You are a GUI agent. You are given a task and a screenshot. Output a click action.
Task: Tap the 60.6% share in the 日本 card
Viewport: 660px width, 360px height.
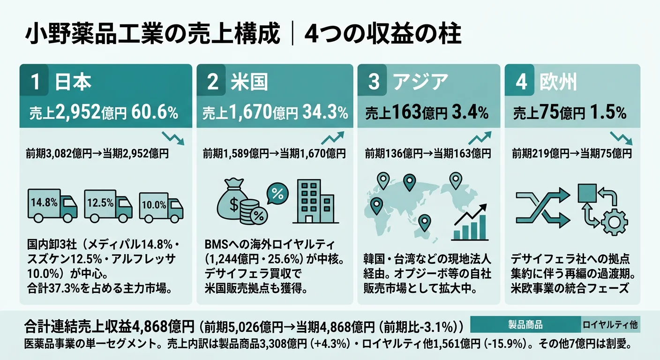(155, 112)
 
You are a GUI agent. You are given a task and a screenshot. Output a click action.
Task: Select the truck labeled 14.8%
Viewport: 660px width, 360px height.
(52, 205)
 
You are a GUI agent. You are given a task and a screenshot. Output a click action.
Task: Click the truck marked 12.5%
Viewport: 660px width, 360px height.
(108, 205)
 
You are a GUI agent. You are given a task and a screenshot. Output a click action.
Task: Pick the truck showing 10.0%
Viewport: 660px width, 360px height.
(161, 206)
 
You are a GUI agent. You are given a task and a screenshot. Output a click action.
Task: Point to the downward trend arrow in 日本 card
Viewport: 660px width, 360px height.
(173, 138)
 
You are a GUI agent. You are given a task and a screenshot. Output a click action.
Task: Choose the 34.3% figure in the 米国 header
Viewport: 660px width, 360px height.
(325, 112)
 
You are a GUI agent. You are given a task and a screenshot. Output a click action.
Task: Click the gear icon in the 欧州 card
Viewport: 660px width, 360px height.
(613, 222)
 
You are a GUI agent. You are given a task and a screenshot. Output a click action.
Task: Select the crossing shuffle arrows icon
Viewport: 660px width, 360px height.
(543, 207)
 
